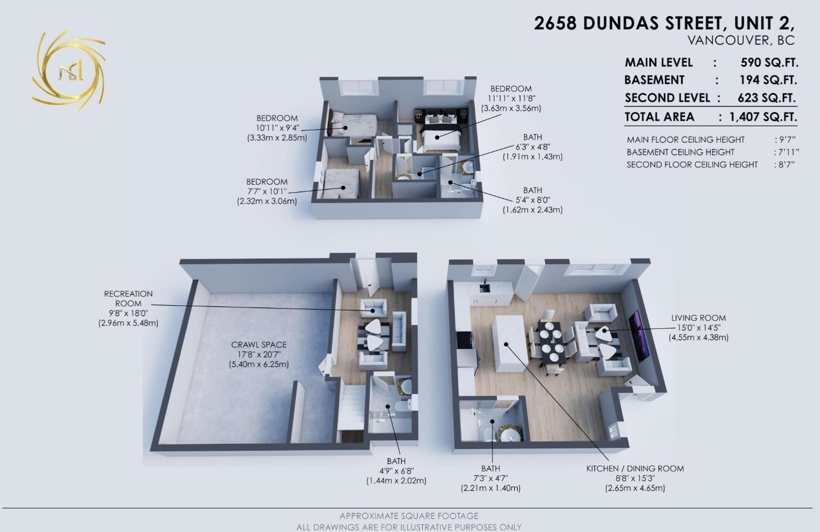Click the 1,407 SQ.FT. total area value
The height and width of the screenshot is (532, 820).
(x=763, y=117)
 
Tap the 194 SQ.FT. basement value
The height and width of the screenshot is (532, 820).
(x=768, y=80)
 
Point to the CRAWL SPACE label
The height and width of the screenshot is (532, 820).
(x=259, y=344)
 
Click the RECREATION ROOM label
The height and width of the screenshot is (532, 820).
(x=128, y=298)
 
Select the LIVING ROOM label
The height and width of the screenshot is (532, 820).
(x=698, y=318)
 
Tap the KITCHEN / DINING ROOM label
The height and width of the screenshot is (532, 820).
(x=635, y=469)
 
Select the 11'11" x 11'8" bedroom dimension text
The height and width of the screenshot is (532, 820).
(x=511, y=99)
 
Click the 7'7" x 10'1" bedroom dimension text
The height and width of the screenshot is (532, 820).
(x=267, y=192)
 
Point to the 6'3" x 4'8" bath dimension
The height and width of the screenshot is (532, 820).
(x=532, y=147)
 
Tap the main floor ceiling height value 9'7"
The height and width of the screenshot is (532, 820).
(x=785, y=140)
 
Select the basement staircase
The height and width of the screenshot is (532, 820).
(x=351, y=407)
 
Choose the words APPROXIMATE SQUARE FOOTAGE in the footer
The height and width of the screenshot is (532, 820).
(x=409, y=516)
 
